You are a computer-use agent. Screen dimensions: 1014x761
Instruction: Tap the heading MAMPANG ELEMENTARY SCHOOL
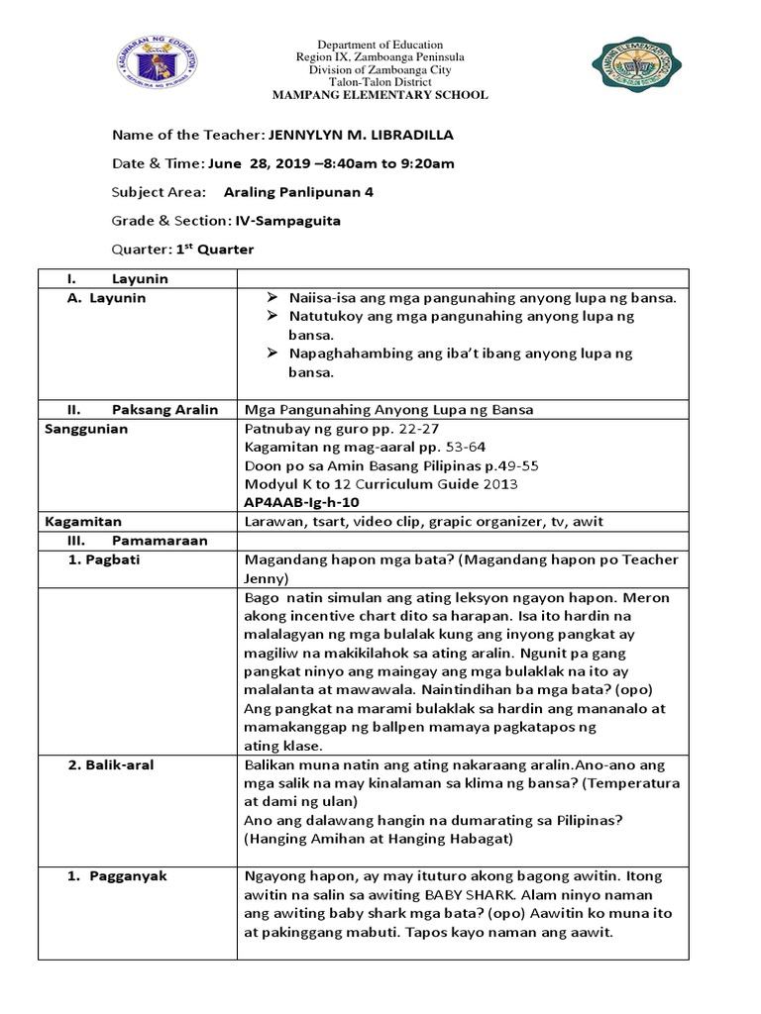[380, 95]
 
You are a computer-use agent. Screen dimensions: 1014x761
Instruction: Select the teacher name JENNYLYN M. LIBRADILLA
[348, 135]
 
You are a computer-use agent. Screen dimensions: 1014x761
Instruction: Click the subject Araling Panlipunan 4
[298, 192]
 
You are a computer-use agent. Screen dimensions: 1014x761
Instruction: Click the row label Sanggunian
[87, 430]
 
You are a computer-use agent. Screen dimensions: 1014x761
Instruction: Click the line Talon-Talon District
[380, 82]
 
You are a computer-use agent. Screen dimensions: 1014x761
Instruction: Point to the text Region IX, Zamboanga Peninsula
[380, 57]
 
